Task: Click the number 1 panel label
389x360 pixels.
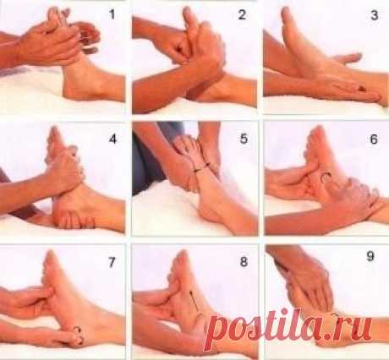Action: point(112,14)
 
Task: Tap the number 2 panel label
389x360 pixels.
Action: point(242,14)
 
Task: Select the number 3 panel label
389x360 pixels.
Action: point(374,15)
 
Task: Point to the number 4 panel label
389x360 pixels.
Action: point(112,139)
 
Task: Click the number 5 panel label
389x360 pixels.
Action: point(244,139)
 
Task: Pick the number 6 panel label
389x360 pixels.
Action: point(374,139)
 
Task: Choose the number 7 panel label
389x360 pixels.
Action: point(112,262)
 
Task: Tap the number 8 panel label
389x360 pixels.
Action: point(244,262)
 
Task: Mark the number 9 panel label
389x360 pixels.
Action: point(370,256)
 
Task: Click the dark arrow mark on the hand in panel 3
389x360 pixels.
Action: point(362,89)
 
